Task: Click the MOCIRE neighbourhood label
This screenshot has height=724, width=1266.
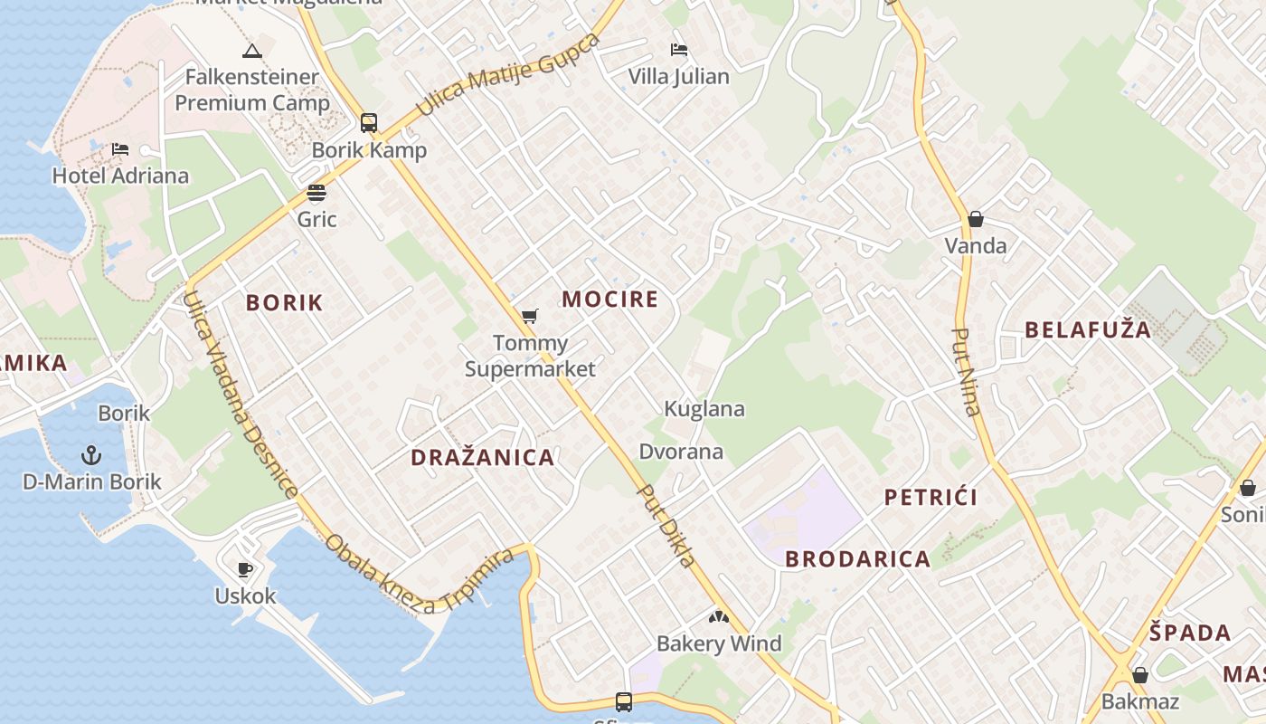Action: pos(610,300)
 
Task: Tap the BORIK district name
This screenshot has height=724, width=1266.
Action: pos(284,303)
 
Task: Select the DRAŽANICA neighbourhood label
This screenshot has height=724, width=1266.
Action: pos(483,458)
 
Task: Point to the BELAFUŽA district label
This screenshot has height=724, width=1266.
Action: pos(1088,330)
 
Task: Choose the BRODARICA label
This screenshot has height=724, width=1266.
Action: pos(857,559)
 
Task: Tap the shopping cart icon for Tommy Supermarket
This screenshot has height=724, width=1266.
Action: pos(530,317)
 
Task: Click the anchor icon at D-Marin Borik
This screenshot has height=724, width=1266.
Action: pos(91,454)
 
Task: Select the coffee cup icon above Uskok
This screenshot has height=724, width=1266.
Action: pos(244,569)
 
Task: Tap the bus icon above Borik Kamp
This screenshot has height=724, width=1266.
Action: pos(369,123)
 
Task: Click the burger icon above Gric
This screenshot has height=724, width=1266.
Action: pos(316,193)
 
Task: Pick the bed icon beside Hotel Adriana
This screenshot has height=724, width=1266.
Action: pos(120,149)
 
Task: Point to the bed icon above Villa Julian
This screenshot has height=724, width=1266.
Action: pos(679,50)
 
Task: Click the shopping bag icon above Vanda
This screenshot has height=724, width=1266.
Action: pos(975,219)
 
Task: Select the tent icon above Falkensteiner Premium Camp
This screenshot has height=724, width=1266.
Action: pos(252,51)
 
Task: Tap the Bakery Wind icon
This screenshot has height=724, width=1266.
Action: pos(719,618)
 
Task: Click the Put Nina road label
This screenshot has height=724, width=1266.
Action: pos(966,371)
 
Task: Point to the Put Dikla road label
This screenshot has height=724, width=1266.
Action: pos(667,526)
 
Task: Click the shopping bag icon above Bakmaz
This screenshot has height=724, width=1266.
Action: pos(1140,675)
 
